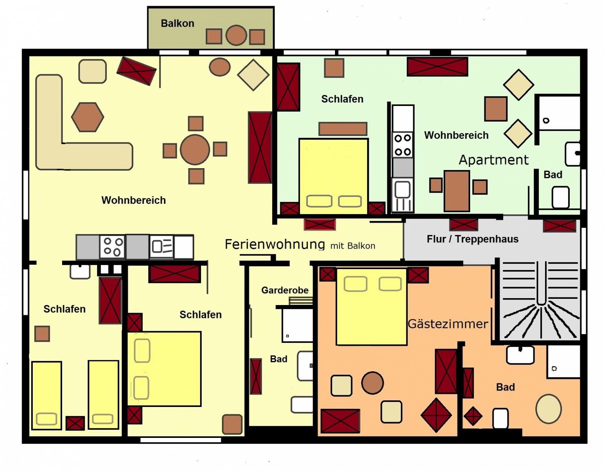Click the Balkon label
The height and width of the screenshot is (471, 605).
177,23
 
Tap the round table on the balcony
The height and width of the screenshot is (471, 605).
236,35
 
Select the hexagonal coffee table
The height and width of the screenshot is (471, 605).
88,117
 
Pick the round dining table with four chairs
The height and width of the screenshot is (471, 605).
195,149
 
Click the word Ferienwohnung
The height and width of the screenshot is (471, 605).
275,244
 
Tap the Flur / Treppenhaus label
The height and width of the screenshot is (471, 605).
472,239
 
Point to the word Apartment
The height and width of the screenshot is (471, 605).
493,160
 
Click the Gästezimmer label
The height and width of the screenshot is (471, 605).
448,324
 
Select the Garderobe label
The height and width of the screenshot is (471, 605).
285,290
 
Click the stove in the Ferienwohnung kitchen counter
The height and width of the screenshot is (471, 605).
112,247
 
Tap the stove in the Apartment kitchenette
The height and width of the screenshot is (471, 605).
403,145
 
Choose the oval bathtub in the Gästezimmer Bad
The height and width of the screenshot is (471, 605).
548,408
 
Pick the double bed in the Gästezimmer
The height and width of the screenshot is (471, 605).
372,307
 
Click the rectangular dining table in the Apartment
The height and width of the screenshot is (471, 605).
457,191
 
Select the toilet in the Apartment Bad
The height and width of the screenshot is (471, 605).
561,197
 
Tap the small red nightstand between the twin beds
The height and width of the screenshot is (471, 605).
75,423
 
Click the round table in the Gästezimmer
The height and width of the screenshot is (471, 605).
372,383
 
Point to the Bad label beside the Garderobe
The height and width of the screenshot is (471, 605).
278,359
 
